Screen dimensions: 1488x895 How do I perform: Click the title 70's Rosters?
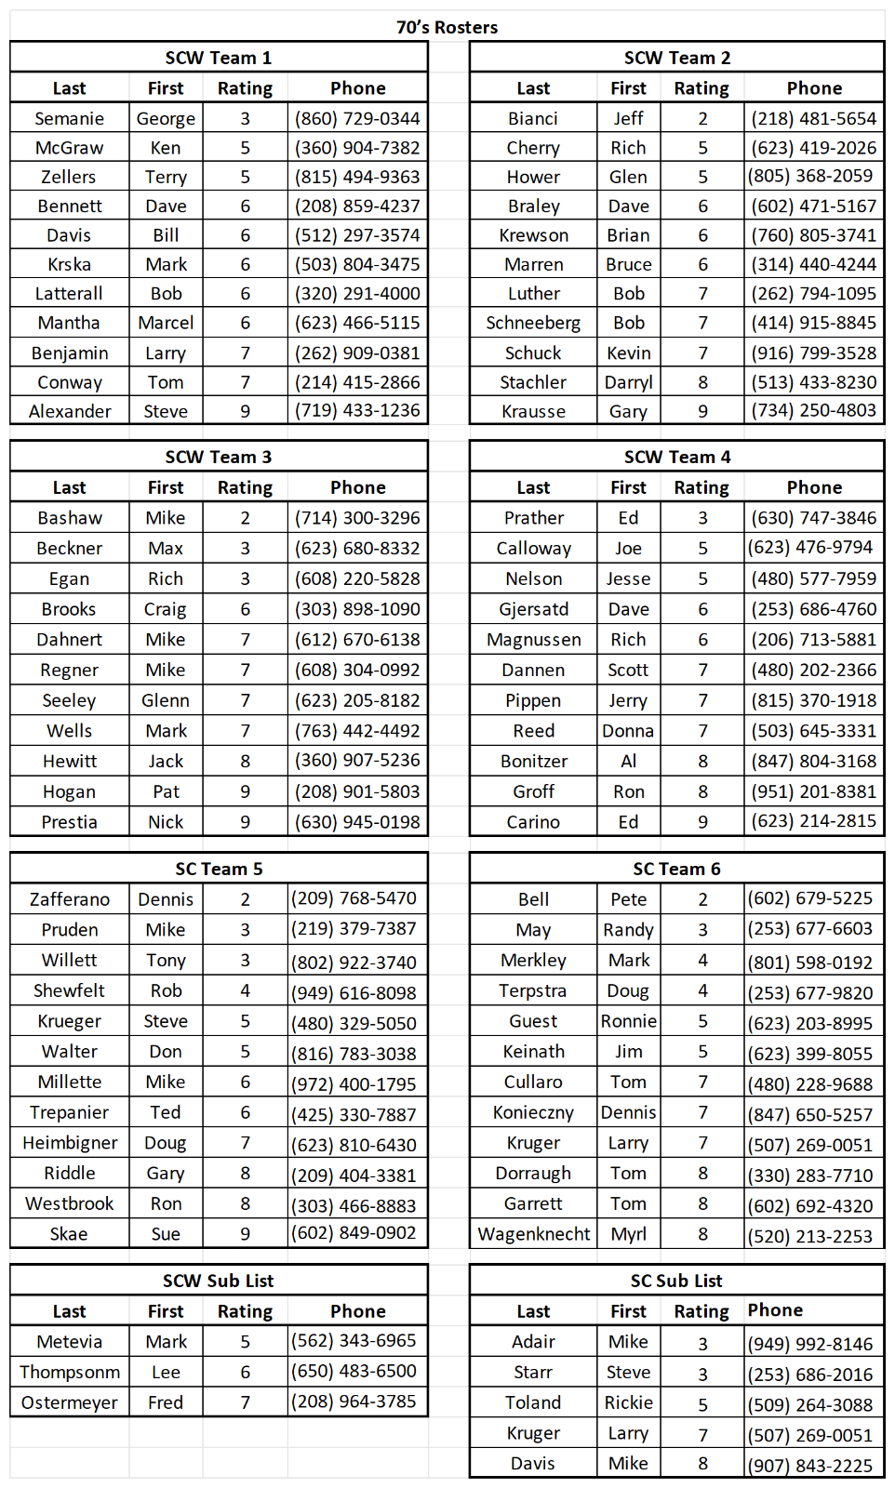pyautogui.click(x=447, y=27)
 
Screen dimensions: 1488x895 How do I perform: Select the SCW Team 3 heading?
pyautogui.click(x=219, y=457)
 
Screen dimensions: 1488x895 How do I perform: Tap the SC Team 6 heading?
pyautogui.click(x=676, y=869)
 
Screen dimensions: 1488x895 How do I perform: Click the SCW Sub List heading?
pyautogui.click(x=219, y=1281)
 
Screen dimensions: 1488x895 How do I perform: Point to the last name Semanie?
pyautogui.click(x=69, y=118)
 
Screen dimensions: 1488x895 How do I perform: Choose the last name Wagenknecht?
pyautogui.click(x=533, y=1234)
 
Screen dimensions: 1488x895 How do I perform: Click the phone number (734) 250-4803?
pyautogui.click(x=814, y=410)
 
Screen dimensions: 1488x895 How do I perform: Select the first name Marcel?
pyautogui.click(x=166, y=323)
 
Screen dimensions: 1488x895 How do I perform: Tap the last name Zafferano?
pyautogui.click(x=69, y=899)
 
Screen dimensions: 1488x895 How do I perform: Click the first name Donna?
pyautogui.click(x=628, y=731)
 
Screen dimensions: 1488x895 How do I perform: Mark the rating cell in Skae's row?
pyautogui.click(x=246, y=1234)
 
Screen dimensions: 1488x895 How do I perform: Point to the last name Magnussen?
pyautogui.click(x=533, y=640)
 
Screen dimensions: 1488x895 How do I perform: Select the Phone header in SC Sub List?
pyautogui.click(x=775, y=1309)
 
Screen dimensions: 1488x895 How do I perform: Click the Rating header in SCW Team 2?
pyautogui.click(x=701, y=88)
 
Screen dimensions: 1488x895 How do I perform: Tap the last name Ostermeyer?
pyautogui.click(x=69, y=1402)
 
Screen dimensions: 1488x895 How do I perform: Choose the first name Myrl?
pyautogui.click(x=628, y=1234)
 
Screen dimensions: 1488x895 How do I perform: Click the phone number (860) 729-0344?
pyautogui.click(x=357, y=118)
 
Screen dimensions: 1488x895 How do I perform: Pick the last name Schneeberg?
pyautogui.click(x=533, y=323)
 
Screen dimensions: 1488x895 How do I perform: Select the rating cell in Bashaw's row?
pyautogui.click(x=246, y=518)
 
